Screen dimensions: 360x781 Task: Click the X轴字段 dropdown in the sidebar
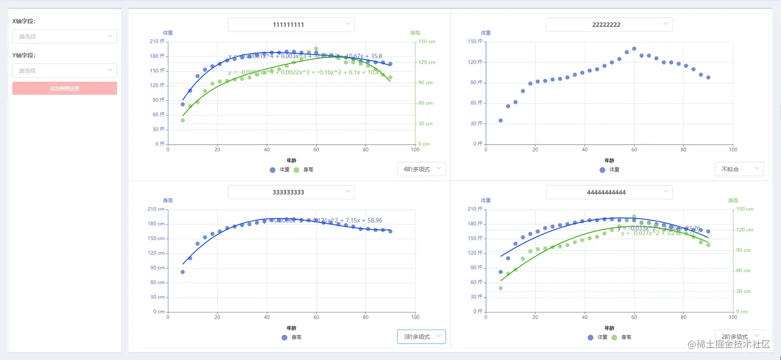[65, 36]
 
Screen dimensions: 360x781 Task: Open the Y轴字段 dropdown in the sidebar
[65, 70]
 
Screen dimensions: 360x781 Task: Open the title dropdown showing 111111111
[291, 25]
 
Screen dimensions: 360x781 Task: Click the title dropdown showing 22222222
[609, 25]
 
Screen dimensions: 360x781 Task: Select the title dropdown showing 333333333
[291, 192]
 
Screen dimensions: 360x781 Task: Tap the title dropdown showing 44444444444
[609, 192]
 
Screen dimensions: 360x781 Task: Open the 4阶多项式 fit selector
[421, 169]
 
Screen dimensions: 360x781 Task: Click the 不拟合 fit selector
[739, 169]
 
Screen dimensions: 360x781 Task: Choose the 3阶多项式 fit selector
[421, 337]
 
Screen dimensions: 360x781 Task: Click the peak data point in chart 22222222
[634, 49]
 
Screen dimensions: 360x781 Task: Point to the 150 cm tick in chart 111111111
[427, 41]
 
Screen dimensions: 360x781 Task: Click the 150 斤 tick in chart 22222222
[475, 41]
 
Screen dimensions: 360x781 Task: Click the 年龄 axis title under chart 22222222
[609, 161]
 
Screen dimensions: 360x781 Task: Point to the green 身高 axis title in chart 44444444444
[732, 200]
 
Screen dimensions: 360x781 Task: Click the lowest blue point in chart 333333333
[182, 272]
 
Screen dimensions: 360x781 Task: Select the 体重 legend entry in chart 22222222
[609, 169]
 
